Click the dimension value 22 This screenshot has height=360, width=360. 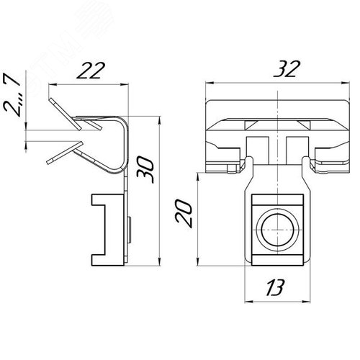point(91,71)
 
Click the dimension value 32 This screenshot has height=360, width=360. point(287,69)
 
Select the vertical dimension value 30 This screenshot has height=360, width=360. point(145,170)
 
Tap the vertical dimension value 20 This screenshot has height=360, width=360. point(184,215)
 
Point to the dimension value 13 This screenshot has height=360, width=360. point(275,287)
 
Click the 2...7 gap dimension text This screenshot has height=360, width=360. point(12,95)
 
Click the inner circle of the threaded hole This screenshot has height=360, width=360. point(277,230)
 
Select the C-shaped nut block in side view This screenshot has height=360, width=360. point(107,230)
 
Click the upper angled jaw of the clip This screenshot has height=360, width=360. point(65,114)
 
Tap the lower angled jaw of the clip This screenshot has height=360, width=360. point(65,153)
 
